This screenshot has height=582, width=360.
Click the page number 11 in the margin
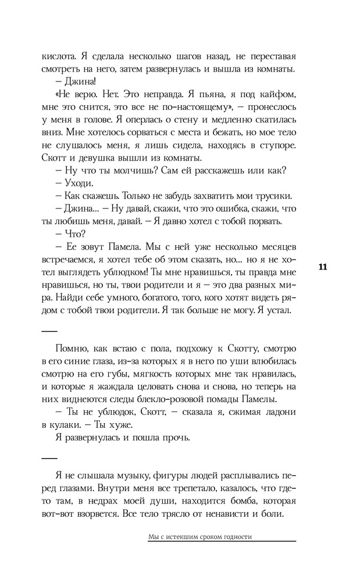click(x=324, y=267)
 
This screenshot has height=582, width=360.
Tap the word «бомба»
click(x=233, y=502)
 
